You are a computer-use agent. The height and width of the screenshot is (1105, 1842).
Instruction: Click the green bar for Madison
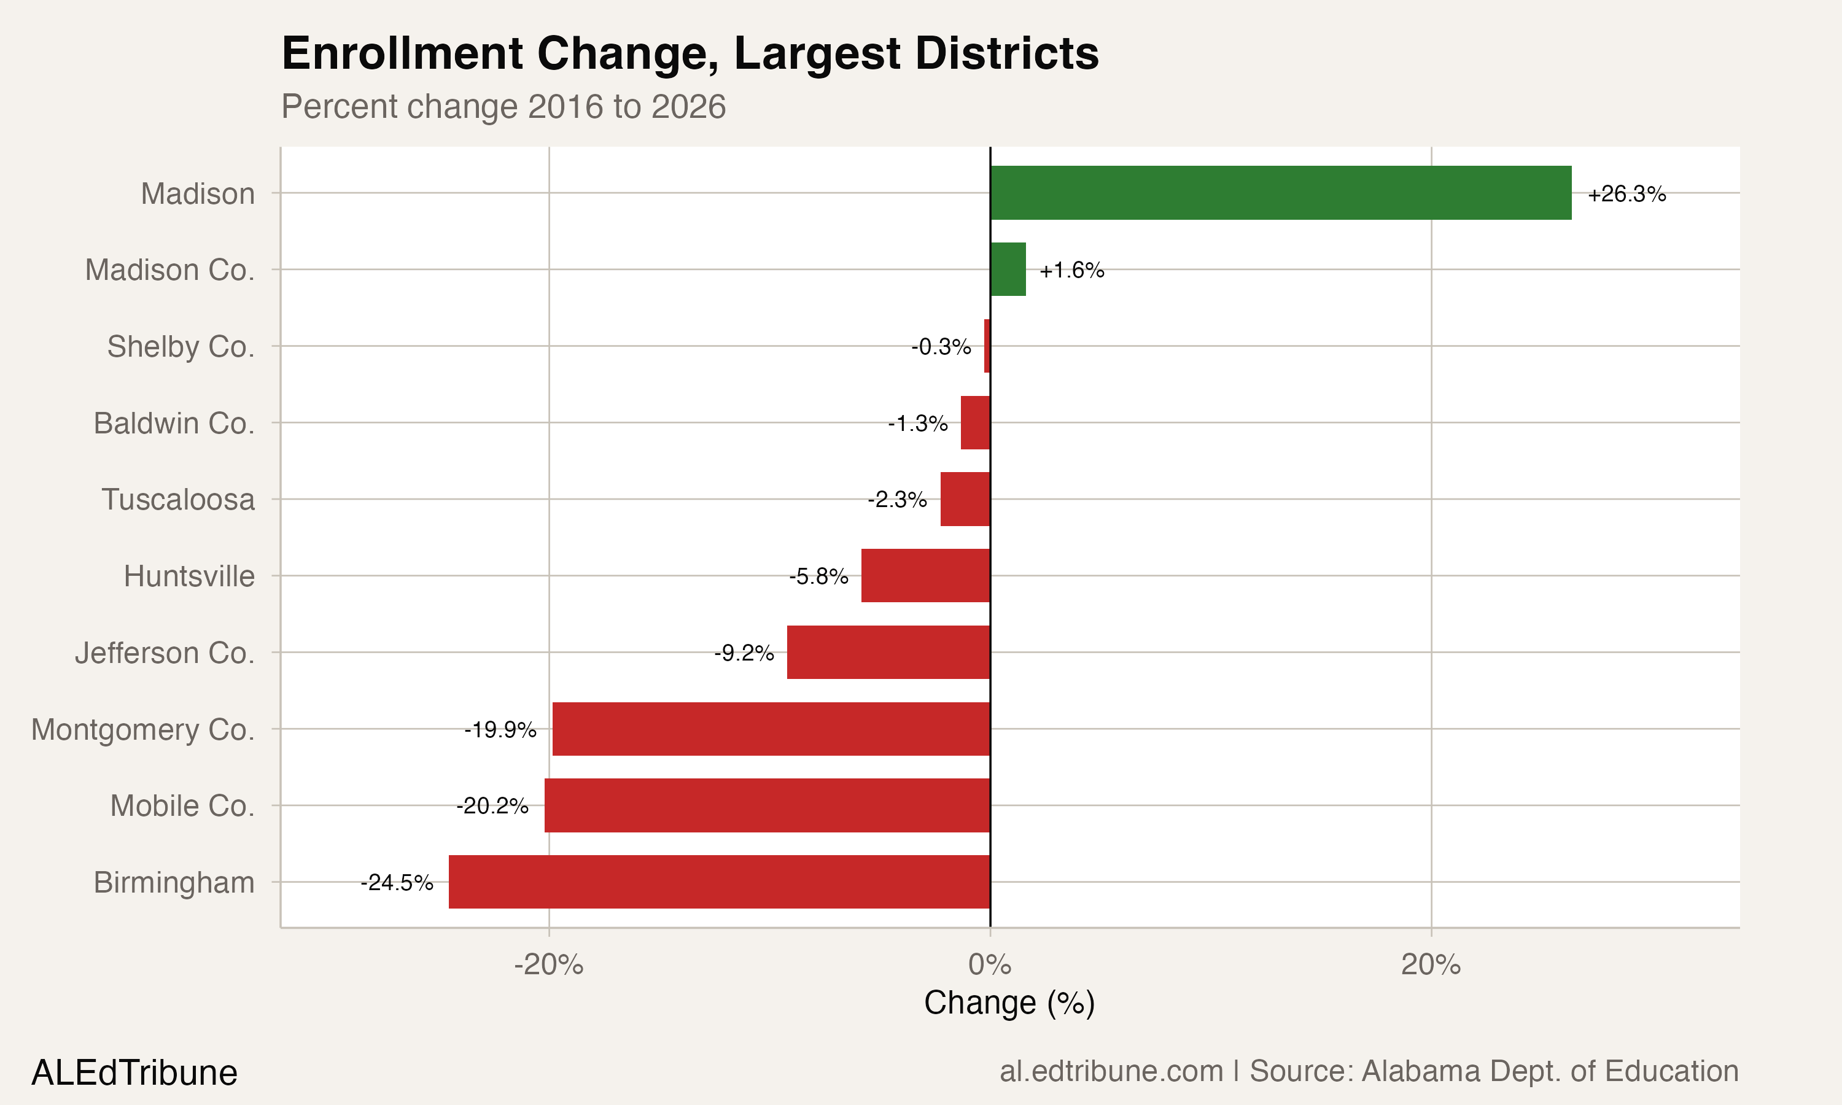1281,193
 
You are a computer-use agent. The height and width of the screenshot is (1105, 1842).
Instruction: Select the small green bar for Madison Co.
1008,269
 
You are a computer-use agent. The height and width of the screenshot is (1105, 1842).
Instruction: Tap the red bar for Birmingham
719,882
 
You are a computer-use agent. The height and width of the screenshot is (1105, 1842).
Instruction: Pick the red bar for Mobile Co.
767,805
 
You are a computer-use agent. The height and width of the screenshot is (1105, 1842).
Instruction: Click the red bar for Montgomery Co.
771,729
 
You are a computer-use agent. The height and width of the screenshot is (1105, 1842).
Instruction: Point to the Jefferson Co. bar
888,653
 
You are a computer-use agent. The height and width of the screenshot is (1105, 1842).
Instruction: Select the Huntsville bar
925,576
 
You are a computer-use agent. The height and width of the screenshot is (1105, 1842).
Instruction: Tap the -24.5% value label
397,883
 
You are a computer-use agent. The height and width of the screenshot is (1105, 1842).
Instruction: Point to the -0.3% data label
941,347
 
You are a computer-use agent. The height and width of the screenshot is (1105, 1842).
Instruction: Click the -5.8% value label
818,576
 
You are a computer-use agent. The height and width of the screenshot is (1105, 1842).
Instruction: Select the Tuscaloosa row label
178,500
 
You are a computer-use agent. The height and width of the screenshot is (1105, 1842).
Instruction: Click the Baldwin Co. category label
174,423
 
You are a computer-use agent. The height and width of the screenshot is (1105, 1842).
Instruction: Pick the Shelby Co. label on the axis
181,346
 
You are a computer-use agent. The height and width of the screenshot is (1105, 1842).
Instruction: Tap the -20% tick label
549,965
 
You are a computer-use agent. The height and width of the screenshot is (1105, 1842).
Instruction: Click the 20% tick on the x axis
1430,965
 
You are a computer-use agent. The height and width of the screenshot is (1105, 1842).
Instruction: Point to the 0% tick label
990,965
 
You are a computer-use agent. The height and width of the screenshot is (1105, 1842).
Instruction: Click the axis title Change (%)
1009,1003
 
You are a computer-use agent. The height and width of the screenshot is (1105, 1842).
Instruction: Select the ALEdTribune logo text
134,1073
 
